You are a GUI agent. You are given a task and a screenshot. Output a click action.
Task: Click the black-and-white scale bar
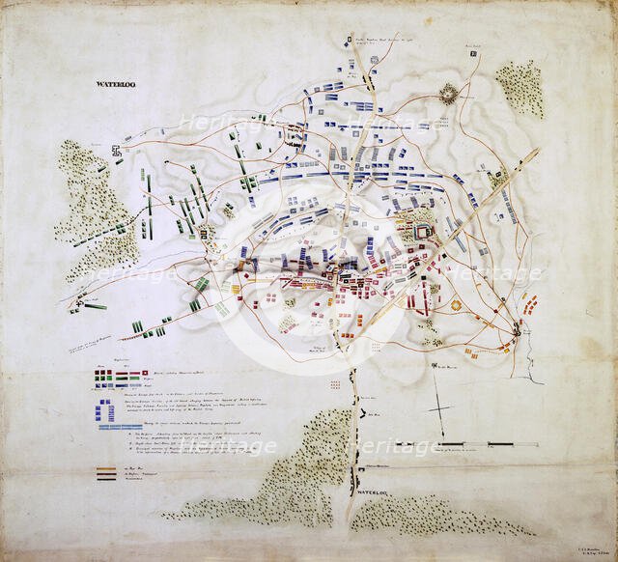tap(488, 444)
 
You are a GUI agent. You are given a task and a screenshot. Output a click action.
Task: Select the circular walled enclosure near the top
tap(450, 93)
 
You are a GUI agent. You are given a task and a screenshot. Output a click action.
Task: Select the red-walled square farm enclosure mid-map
tap(422, 230)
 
